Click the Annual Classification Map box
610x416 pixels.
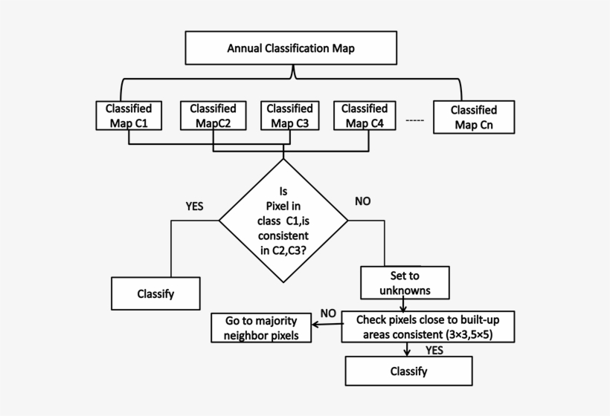(x=291, y=49)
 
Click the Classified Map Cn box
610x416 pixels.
(x=474, y=117)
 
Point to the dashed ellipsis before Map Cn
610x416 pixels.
(x=415, y=119)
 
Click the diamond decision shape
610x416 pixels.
(x=283, y=221)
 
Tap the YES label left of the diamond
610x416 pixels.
(x=194, y=206)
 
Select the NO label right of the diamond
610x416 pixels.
(x=363, y=201)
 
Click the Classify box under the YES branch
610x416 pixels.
(x=155, y=293)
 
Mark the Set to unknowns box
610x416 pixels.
(x=405, y=282)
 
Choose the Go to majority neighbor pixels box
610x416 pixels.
(x=260, y=328)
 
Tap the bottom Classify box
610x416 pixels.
(x=408, y=371)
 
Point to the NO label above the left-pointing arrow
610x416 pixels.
(x=328, y=312)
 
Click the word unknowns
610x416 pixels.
(x=405, y=290)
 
